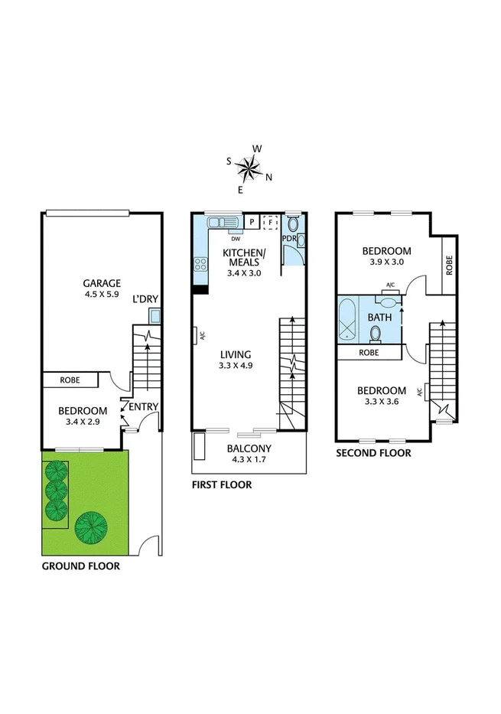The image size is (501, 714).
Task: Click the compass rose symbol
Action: [x=249, y=166]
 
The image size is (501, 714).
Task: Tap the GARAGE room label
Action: [x=102, y=282]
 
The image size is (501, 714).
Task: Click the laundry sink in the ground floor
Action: [x=155, y=315]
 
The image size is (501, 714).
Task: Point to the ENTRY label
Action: [x=142, y=407]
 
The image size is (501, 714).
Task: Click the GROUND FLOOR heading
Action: [x=80, y=567]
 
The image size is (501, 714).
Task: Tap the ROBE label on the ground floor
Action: [x=70, y=379]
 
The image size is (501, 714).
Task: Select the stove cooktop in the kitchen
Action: [x=201, y=265]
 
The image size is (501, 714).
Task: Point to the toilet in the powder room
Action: [x=293, y=224]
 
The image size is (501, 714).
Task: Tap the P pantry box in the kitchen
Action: [x=252, y=222]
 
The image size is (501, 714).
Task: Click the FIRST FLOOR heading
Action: [x=222, y=485]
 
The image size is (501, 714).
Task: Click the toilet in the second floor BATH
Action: [x=376, y=333]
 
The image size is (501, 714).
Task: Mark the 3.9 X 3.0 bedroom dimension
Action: [x=386, y=262]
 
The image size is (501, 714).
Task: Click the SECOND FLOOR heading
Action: [x=374, y=453]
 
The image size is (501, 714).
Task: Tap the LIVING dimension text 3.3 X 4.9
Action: [x=236, y=366]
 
